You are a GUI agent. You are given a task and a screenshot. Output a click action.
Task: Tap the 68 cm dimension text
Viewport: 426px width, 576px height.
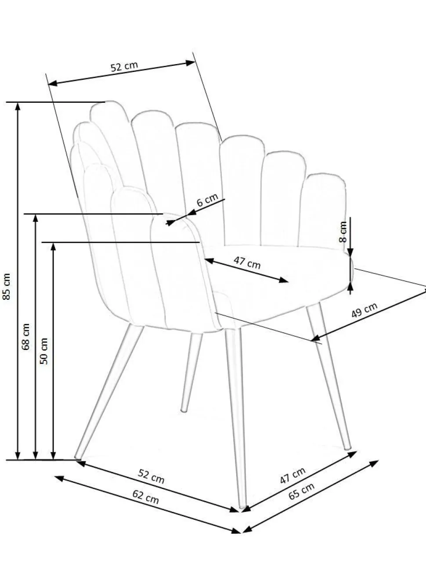click(x=26, y=337)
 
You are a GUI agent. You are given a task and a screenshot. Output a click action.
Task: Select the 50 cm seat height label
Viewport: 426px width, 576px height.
click(x=44, y=351)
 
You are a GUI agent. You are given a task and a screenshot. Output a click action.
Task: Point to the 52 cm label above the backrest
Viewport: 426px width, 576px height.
click(x=124, y=66)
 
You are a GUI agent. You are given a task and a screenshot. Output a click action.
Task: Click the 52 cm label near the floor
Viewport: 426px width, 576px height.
click(x=151, y=477)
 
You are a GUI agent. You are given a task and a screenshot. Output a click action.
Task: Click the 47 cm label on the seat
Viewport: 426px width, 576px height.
click(x=247, y=263)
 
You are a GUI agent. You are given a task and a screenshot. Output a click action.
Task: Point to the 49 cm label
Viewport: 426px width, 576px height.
click(x=364, y=310)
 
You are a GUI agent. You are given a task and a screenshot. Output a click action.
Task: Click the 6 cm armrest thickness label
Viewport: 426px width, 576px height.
click(x=207, y=200)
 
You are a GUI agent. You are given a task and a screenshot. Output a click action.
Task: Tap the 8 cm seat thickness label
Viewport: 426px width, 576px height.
click(x=343, y=232)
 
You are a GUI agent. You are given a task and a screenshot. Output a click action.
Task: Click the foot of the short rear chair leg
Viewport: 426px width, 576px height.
click(x=184, y=410)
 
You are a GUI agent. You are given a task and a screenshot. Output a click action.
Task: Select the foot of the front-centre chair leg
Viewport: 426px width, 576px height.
click(x=242, y=506)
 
